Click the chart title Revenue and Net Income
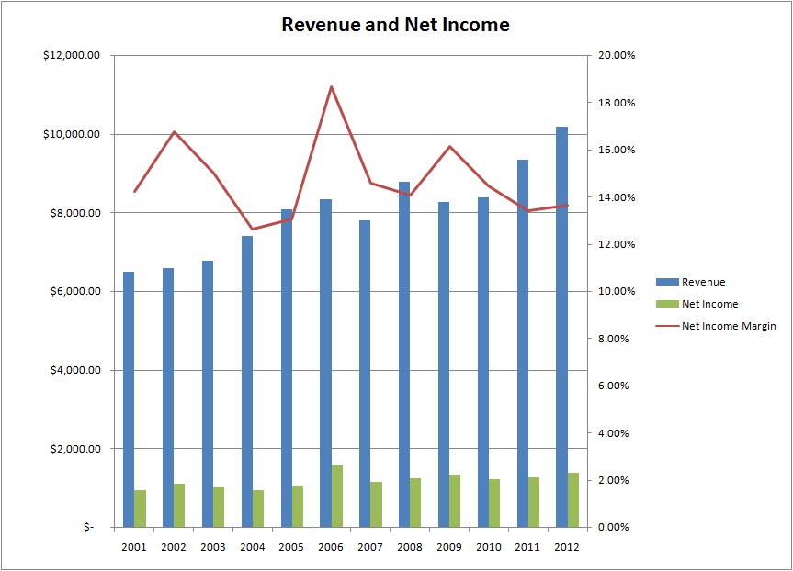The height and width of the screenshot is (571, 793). (395, 25)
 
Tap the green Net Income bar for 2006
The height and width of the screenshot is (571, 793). (336, 497)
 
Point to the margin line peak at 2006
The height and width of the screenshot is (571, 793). (331, 86)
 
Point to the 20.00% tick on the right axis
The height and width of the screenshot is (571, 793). (616, 56)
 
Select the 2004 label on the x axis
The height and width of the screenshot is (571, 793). (252, 546)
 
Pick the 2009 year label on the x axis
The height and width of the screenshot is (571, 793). (448, 546)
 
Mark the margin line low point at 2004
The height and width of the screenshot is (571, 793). (252, 230)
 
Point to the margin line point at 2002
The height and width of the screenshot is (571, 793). (174, 131)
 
